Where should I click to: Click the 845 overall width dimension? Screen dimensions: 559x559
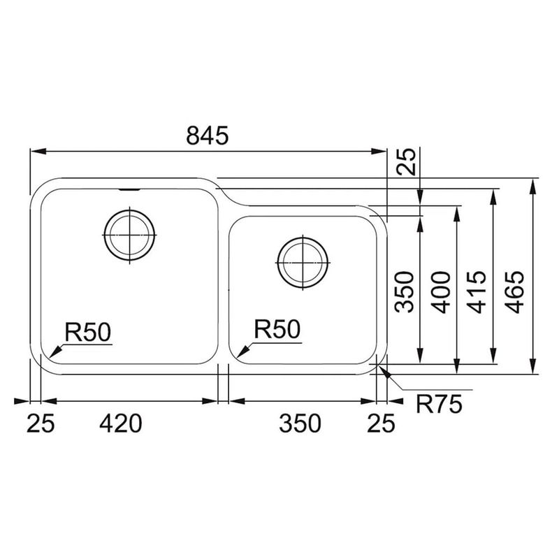point(207,136)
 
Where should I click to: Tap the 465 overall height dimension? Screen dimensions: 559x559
point(516,292)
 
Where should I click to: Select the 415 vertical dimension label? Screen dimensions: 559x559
point(477,292)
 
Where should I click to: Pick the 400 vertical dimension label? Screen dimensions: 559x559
point(442,292)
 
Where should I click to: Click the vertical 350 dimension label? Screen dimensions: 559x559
point(405,292)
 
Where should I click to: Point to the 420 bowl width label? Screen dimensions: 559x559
point(121,423)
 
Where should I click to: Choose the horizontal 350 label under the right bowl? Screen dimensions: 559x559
point(300,423)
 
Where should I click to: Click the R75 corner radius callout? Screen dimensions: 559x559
point(439,405)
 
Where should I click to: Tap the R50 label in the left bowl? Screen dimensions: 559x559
point(88,332)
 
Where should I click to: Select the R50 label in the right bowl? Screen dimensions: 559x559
point(277,329)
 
